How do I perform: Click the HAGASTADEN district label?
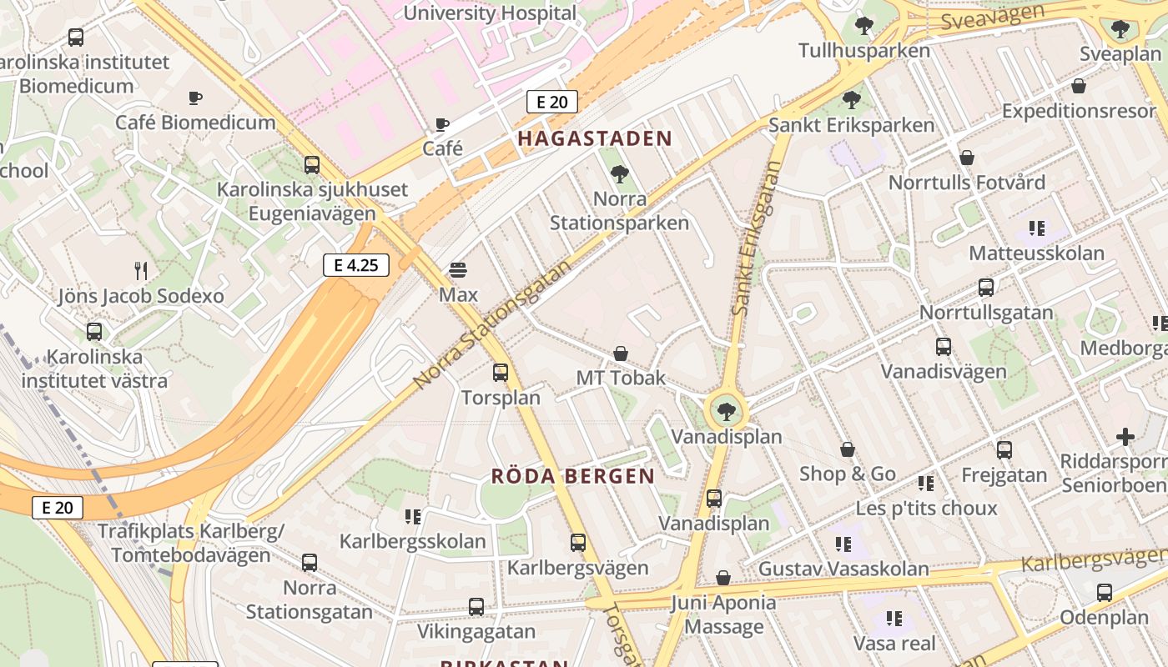point(595,138)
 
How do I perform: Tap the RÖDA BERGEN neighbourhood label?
point(573,476)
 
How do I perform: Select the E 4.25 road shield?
point(356,266)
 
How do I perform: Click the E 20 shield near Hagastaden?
point(552,103)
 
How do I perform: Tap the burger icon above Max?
point(457,270)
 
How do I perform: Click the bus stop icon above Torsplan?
point(501,373)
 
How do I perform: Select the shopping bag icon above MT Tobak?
point(621,354)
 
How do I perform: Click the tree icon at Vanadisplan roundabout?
point(727,410)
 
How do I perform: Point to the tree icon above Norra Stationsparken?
point(619,174)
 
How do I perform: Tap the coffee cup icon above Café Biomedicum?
point(195,98)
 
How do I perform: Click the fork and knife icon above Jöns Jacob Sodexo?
point(141,270)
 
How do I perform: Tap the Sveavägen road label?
point(993,17)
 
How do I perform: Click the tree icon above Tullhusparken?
point(863,26)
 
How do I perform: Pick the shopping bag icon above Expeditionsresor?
point(1079,86)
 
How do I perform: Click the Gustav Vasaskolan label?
point(843,569)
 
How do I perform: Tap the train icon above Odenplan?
point(1105,593)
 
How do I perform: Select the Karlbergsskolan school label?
point(412,541)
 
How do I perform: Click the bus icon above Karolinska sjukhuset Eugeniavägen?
point(312,165)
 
